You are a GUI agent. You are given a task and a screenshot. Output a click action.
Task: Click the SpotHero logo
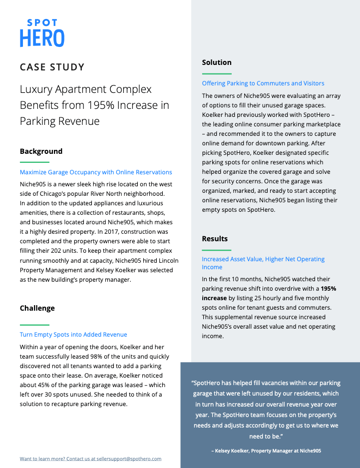[42, 33]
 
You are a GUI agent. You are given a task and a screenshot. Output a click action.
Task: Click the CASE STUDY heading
[52, 67]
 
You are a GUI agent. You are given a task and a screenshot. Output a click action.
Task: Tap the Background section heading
[41, 151]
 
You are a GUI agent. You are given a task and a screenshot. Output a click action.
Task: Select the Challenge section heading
[37, 308]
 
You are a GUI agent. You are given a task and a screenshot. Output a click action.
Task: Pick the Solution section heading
[217, 62]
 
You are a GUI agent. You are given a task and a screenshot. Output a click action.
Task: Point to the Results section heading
[215, 239]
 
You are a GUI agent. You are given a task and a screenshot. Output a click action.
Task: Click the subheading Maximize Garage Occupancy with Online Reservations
[96, 172]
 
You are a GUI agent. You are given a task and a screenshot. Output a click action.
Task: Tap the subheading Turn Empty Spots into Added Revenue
[73, 335]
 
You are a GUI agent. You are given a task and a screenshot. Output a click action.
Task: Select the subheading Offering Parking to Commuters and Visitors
[263, 83]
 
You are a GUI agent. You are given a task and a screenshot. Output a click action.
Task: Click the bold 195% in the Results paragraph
[329, 289]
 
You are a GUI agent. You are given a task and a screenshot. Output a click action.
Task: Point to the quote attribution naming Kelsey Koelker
[266, 451]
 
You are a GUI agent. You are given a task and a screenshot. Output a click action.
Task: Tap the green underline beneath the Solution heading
[217, 74]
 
